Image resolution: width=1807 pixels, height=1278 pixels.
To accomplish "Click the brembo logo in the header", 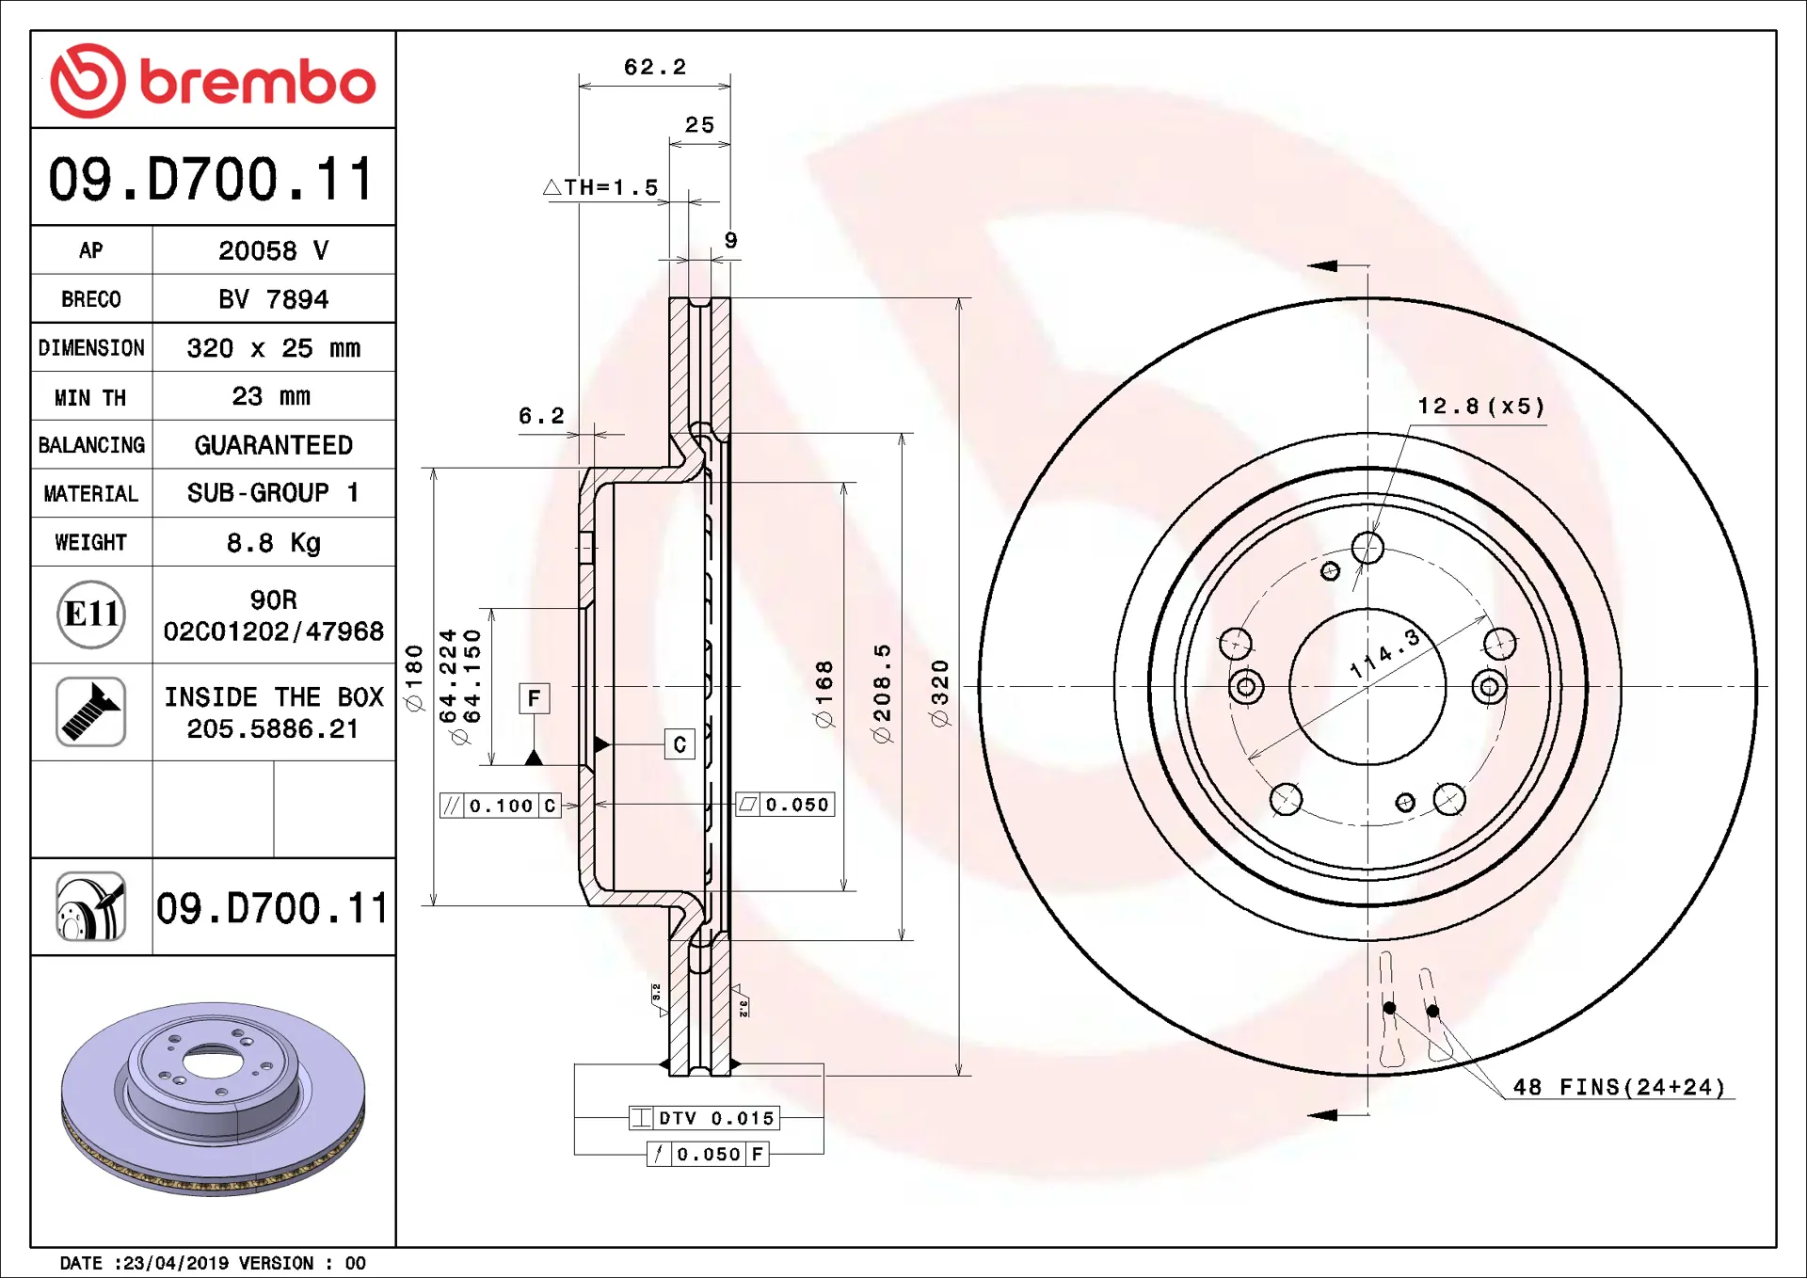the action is [x=213, y=81].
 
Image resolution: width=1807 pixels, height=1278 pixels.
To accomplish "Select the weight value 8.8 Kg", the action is [x=274, y=543].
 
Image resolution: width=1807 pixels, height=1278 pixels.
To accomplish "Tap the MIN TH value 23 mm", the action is [x=271, y=396].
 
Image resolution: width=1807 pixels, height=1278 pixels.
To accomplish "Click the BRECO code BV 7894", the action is [x=274, y=299].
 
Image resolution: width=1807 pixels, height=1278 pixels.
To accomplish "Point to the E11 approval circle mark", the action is [x=91, y=615].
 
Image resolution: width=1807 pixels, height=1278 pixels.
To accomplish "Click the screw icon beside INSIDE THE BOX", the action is [x=91, y=711].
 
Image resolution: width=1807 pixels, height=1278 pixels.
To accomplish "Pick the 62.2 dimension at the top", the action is [x=655, y=67].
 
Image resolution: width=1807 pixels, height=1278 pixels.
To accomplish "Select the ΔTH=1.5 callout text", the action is [x=600, y=187].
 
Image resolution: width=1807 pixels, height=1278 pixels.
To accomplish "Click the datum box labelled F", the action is [x=535, y=698].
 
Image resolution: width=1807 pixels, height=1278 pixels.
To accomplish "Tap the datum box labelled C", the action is [x=680, y=744].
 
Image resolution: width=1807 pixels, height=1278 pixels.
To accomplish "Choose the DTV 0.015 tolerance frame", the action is [x=704, y=1118].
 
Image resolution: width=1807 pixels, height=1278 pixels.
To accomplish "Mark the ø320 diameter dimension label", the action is [x=939, y=693].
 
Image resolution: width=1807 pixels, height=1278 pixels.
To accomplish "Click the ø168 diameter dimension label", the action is [x=824, y=694].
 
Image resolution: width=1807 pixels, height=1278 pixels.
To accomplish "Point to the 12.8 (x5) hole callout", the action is [x=1481, y=406].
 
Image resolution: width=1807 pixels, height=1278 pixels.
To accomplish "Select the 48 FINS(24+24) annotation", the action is [x=1619, y=1087].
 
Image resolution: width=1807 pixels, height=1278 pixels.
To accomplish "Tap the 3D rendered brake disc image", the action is [x=214, y=1098].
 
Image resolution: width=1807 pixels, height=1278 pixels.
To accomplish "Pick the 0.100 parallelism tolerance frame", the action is [x=501, y=806].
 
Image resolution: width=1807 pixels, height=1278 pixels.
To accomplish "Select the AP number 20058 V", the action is [x=274, y=250].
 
